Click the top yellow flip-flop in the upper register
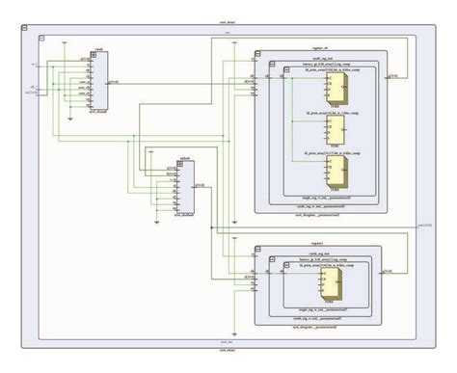tap(337, 89)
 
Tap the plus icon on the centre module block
tap(171, 158)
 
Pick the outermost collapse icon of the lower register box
tap(258, 249)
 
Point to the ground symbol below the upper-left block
tap(73, 119)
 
